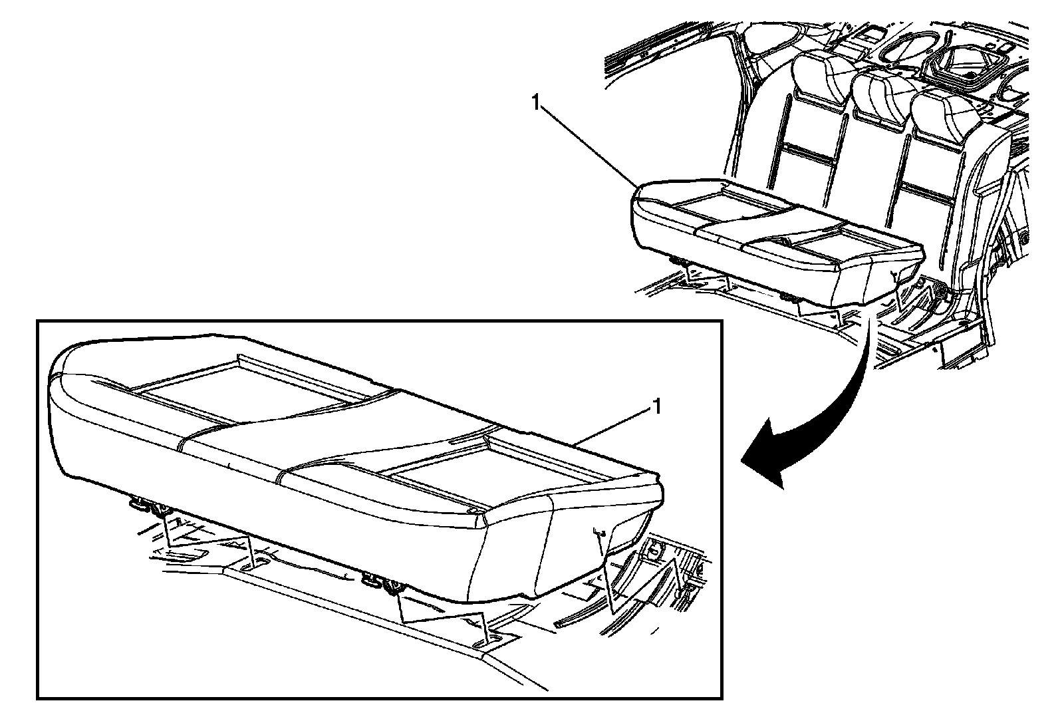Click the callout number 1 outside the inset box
point(535,102)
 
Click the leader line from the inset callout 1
point(612,426)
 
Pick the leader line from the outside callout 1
point(585,142)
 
